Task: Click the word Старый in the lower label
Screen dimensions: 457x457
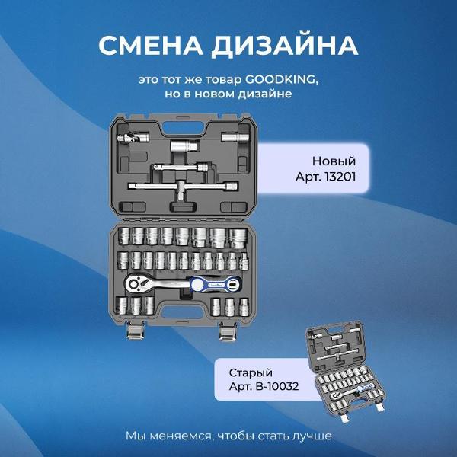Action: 251,373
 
